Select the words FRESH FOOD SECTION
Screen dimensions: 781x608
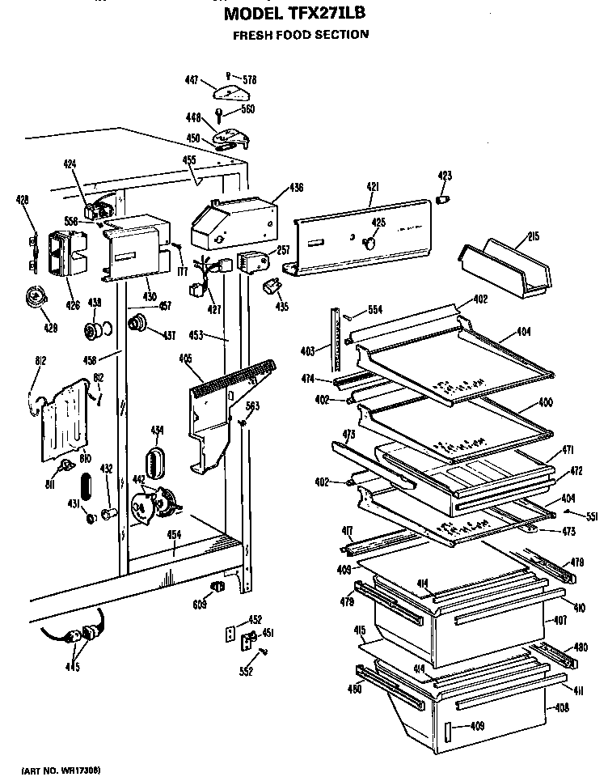click(301, 35)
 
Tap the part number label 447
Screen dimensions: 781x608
click(192, 80)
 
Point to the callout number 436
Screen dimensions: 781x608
click(296, 188)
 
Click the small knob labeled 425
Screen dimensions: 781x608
click(371, 240)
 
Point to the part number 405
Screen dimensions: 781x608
click(185, 358)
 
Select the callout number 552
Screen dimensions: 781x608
click(247, 671)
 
